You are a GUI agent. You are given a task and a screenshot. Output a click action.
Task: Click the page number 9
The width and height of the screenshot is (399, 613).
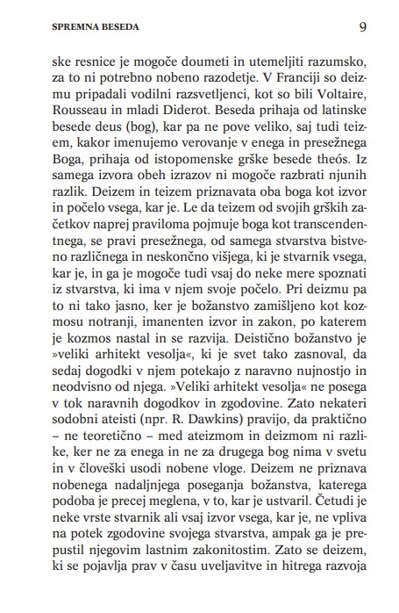(362, 26)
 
